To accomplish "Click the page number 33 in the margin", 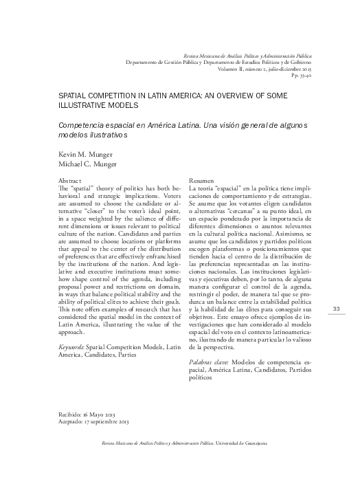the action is point(337,289).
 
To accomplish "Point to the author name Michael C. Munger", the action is point(79,166).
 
